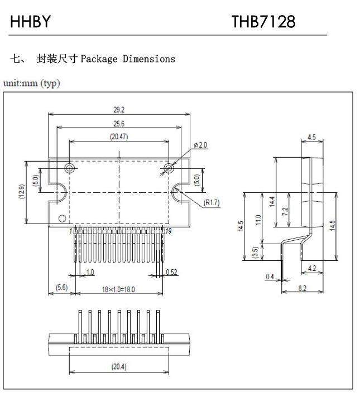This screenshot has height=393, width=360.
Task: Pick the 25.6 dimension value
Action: [x=118, y=124]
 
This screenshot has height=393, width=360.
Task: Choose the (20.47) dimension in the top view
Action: [x=118, y=137]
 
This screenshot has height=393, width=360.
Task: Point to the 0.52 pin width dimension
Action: [x=172, y=272]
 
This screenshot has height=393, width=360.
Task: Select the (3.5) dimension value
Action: [x=255, y=252]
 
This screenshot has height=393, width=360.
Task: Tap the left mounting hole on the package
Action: [x=69, y=168]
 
